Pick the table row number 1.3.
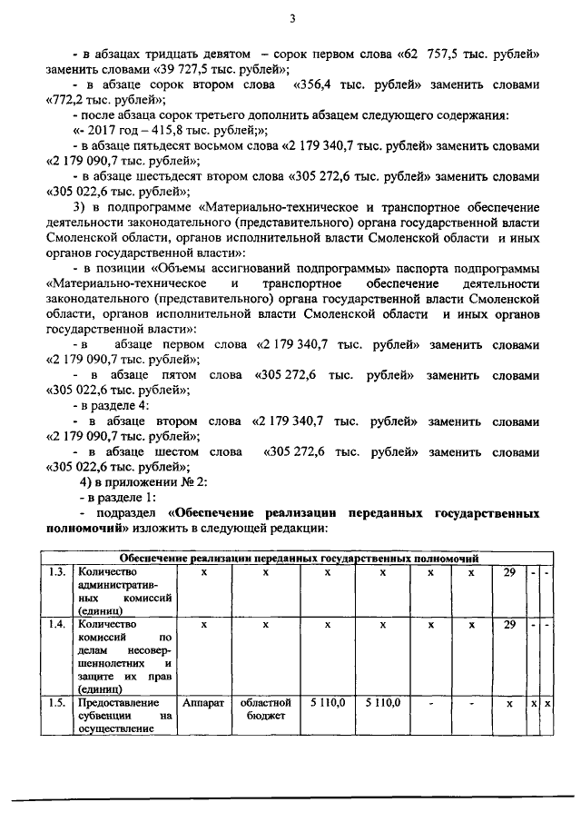(x=58, y=572)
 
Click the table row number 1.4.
(x=58, y=626)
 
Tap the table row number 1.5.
(x=58, y=702)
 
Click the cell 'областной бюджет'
(x=265, y=709)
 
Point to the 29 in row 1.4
(x=509, y=626)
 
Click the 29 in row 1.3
(x=509, y=572)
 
